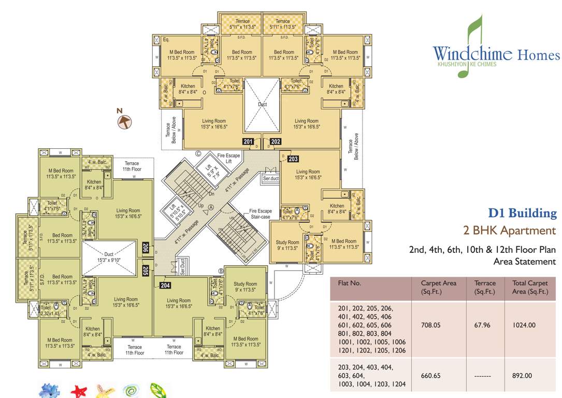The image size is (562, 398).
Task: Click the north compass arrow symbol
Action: (x=124, y=121)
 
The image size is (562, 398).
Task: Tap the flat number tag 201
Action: (x=249, y=141)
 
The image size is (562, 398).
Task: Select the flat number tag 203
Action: (x=293, y=159)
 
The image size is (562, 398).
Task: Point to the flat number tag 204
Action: (x=165, y=285)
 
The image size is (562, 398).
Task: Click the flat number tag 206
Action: (x=146, y=249)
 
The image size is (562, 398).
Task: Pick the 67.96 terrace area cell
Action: (x=485, y=325)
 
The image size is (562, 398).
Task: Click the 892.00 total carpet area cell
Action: (x=522, y=376)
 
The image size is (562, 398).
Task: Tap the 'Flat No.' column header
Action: (x=350, y=283)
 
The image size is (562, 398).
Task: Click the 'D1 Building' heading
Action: (x=523, y=213)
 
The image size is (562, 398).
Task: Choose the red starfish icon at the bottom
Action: (x=79, y=390)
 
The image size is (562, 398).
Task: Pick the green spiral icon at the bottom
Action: (x=130, y=390)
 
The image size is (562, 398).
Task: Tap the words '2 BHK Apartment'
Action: (x=510, y=231)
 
